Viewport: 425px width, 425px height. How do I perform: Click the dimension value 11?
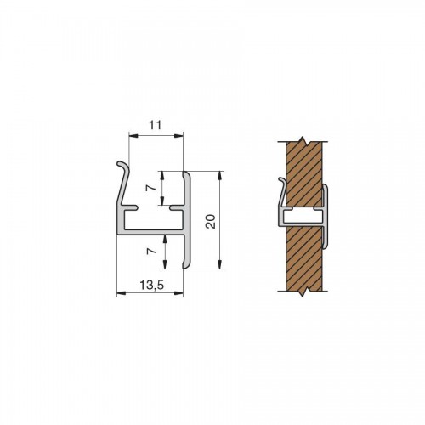[x=156, y=125]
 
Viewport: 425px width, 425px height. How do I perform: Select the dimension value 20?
[x=211, y=221]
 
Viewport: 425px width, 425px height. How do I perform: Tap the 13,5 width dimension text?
[x=152, y=286]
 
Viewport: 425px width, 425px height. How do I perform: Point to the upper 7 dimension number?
[x=150, y=188]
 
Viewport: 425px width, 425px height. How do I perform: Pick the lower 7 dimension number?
[x=150, y=251]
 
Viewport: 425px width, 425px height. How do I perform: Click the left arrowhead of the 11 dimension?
[x=133, y=136]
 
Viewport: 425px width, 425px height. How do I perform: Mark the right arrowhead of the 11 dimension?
[x=178, y=136]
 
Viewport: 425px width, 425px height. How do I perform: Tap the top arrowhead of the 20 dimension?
[x=220, y=176]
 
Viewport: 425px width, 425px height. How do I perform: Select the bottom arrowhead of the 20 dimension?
[x=220, y=264]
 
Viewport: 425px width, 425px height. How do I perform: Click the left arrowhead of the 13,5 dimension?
[x=122, y=293]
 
